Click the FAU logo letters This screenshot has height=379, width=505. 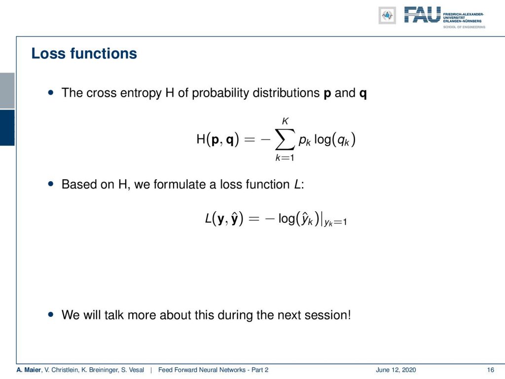point(422,15)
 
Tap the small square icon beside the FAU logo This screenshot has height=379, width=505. point(387,15)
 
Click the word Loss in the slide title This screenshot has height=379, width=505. point(49,53)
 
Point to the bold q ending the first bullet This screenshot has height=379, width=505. point(363,94)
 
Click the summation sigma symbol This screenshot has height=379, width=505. point(285,140)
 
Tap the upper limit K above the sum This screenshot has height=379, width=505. point(286,121)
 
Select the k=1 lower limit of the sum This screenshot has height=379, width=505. point(285,157)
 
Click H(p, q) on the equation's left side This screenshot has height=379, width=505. point(217,140)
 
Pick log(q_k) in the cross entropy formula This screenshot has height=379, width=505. point(335,140)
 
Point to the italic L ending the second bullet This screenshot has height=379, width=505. point(297,185)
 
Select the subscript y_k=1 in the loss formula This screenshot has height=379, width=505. point(335,223)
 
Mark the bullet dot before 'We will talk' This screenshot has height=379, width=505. point(51,314)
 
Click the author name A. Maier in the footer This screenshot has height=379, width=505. point(29,370)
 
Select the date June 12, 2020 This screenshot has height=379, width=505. point(396,370)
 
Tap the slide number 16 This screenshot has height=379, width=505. point(491,370)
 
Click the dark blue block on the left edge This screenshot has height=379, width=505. point(7,128)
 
